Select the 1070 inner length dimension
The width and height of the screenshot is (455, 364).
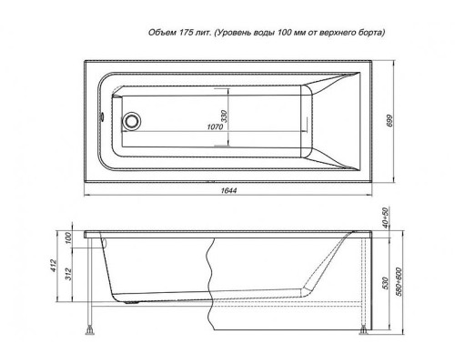click(x=215, y=126)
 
